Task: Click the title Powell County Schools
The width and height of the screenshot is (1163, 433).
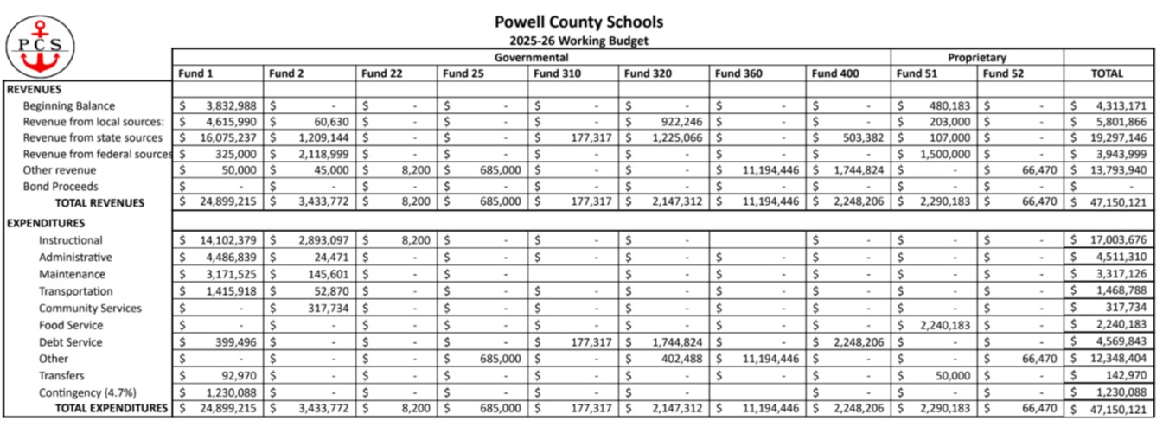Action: tap(578, 22)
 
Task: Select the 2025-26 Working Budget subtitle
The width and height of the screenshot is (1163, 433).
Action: tap(578, 41)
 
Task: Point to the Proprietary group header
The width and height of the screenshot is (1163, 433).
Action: tap(976, 58)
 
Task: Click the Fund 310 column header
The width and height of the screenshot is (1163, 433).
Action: tap(558, 73)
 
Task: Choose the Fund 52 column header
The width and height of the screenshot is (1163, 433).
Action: tap(1002, 73)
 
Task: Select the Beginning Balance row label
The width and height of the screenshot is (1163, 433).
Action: tap(68, 105)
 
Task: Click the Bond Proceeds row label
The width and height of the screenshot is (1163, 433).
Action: tap(60, 186)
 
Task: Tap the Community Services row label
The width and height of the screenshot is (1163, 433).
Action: tap(90, 309)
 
